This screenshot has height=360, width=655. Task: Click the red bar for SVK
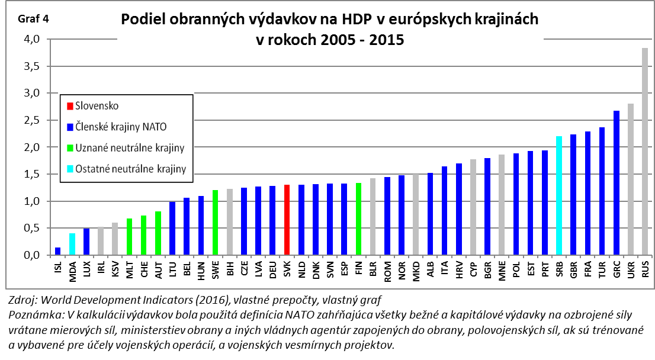pos(287,220)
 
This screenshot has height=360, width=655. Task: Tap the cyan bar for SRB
pos(558,195)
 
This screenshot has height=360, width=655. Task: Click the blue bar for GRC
pos(616,183)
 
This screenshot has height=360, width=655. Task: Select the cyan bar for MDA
pos(72,244)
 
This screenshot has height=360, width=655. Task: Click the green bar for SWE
pos(215,223)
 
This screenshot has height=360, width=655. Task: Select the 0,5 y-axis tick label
pos(31,229)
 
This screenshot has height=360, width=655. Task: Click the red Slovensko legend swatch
pos(70,106)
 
